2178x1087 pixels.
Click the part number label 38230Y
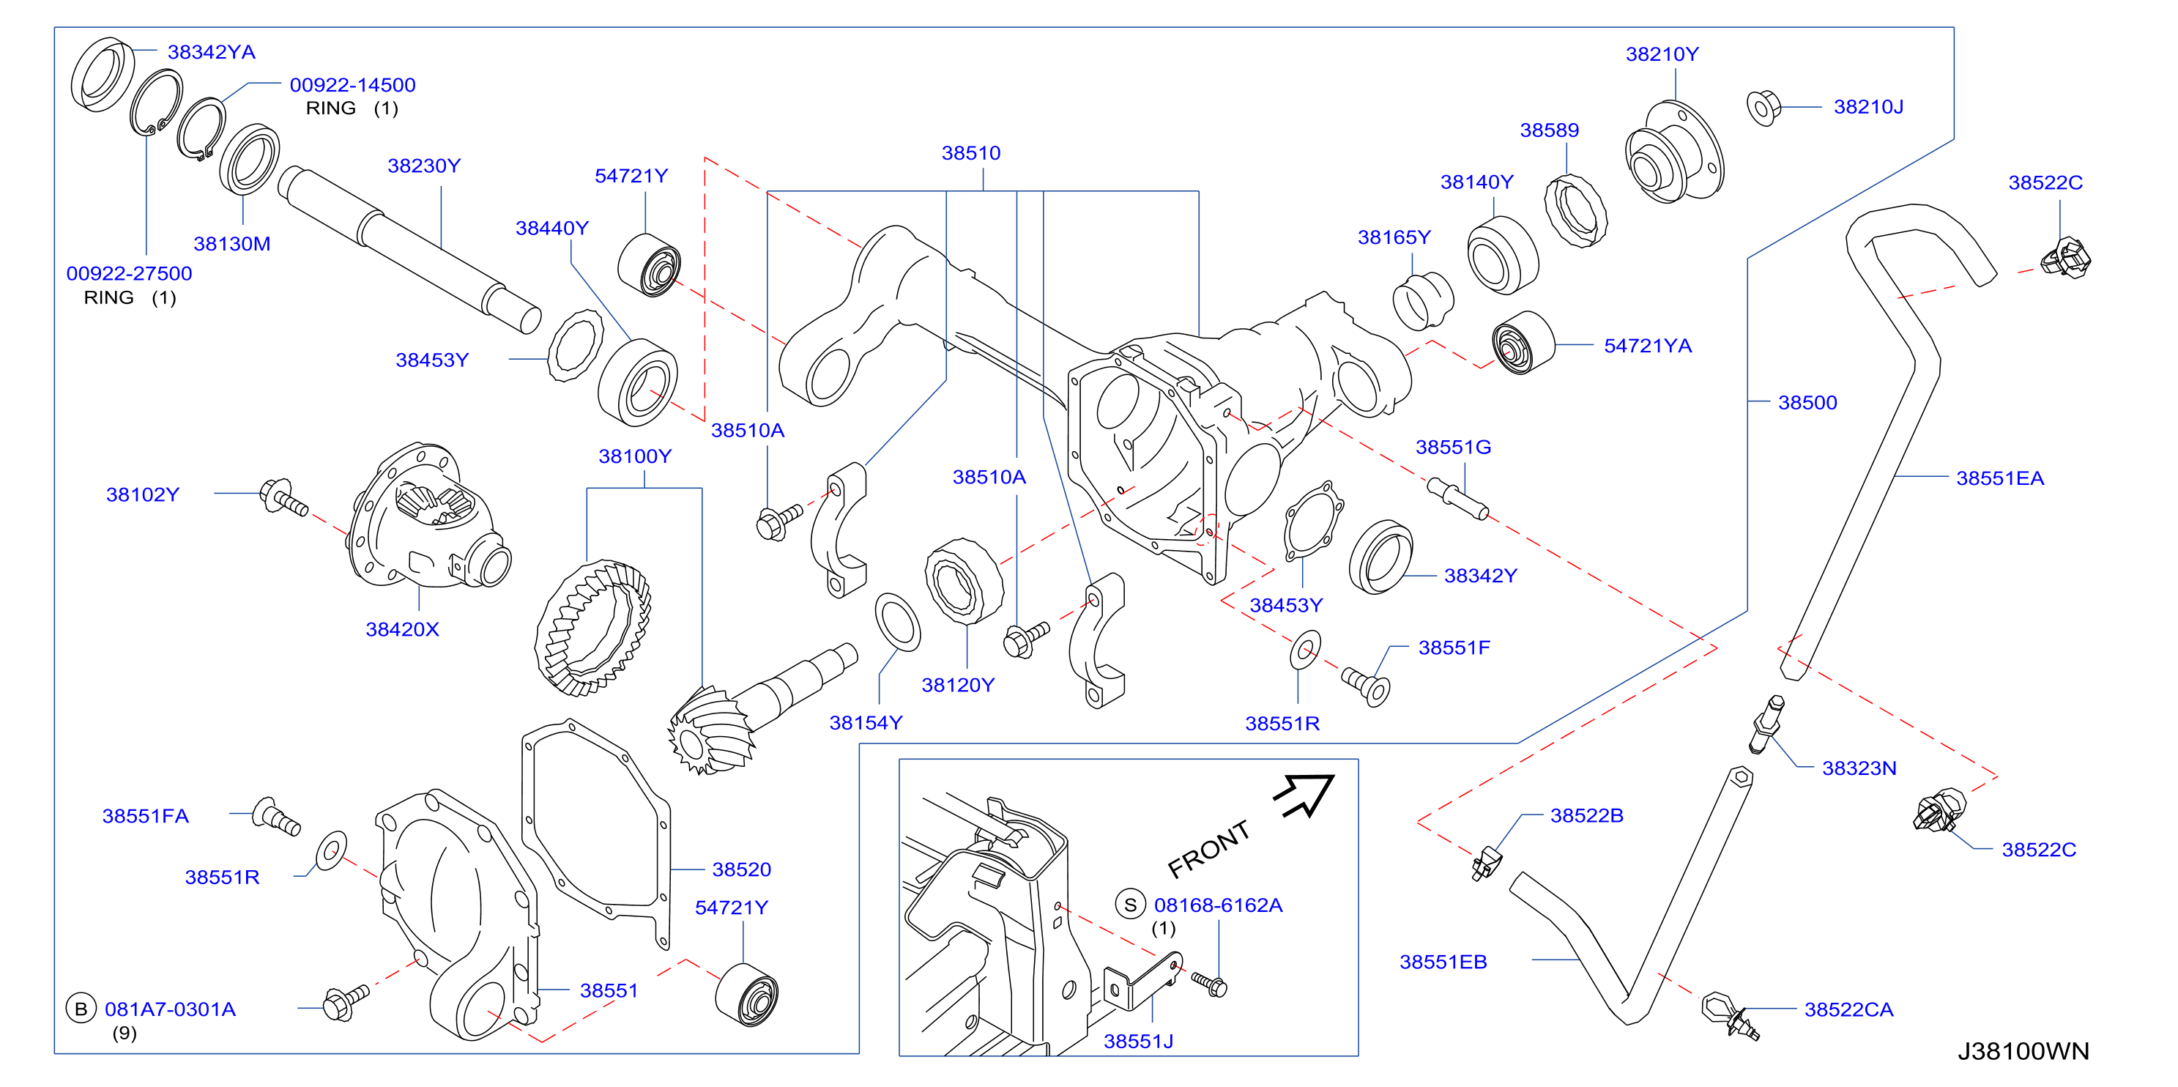(x=423, y=166)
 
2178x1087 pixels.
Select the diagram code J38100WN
(x=2023, y=1051)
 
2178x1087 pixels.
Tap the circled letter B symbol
(x=81, y=1009)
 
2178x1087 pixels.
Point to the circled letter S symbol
(x=1131, y=905)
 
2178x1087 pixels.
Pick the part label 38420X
(x=403, y=629)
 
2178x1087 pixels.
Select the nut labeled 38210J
(x=1763, y=108)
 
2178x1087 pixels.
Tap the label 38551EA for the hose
(x=1999, y=479)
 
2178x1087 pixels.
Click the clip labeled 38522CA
(x=1730, y=1015)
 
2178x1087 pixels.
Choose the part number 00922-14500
(x=352, y=86)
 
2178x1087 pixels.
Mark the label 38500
(x=1807, y=403)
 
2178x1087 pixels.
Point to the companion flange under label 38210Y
(x=1674, y=152)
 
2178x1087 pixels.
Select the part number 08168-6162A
(x=1219, y=905)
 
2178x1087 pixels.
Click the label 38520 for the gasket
(x=741, y=869)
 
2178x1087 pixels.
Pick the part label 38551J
(x=1138, y=1042)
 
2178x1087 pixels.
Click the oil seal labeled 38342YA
(x=103, y=75)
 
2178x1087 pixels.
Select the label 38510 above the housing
(x=970, y=153)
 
